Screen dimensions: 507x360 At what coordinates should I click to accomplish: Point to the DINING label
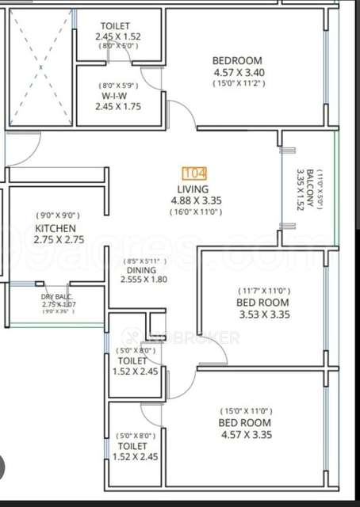point(141,270)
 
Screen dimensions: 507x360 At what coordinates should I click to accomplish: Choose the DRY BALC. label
point(57,296)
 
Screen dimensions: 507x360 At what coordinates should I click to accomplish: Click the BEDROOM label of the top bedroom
point(237,61)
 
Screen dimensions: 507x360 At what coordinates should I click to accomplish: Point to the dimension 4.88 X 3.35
point(194,200)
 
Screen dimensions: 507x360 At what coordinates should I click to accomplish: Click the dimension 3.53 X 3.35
point(262,314)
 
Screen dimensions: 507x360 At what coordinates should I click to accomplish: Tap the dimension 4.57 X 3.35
point(246,434)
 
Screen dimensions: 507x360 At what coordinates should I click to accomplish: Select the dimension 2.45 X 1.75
point(118,107)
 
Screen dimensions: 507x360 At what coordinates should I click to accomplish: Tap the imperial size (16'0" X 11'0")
point(194,212)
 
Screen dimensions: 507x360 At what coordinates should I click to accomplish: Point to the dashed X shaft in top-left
point(40,69)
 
